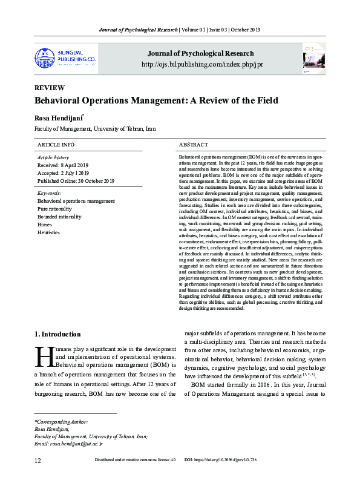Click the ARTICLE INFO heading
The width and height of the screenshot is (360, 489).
tap(56, 145)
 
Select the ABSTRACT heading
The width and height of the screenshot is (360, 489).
tap(194, 145)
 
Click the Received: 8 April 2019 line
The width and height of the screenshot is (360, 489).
tap(63, 165)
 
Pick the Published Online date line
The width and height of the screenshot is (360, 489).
tap(76, 181)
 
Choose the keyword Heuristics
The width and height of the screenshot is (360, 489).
tap(49, 232)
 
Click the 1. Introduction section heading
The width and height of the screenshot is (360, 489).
tap(57, 334)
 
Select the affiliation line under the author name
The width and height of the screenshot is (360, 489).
tap(95, 129)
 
